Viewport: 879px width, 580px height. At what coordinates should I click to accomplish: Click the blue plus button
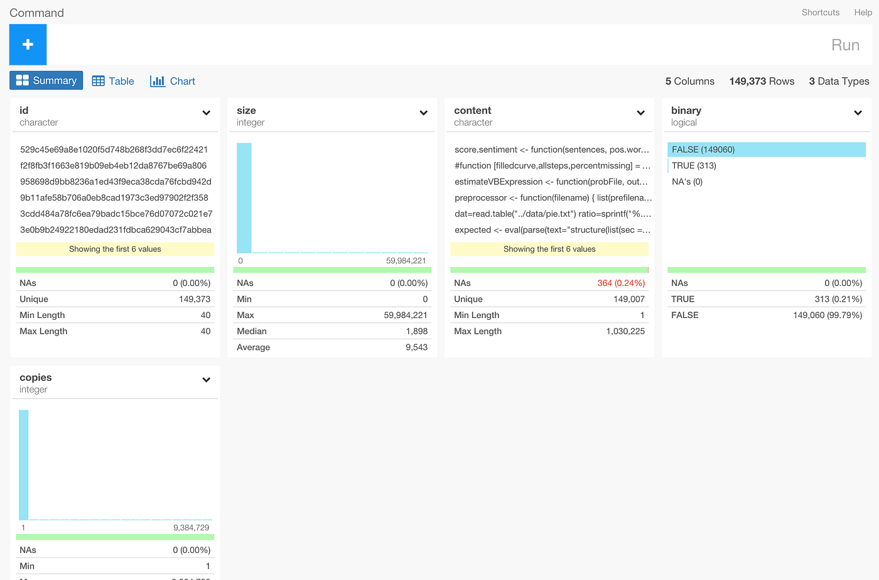(x=28, y=45)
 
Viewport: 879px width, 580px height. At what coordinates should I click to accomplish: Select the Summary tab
(x=46, y=80)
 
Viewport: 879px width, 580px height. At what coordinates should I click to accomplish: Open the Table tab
(x=113, y=81)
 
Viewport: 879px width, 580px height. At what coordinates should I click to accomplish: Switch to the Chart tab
(x=173, y=81)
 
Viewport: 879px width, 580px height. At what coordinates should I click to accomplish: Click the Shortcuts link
(x=820, y=13)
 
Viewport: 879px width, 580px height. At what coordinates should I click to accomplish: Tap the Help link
(x=863, y=13)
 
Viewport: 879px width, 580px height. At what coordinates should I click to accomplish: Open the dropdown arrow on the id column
(x=206, y=113)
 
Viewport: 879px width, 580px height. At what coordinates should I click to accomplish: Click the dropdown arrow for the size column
(x=423, y=113)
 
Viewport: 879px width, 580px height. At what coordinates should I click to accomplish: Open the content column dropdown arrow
(x=640, y=113)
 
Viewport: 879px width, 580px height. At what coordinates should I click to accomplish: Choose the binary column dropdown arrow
(x=858, y=113)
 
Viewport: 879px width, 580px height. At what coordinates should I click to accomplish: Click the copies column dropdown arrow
(x=206, y=380)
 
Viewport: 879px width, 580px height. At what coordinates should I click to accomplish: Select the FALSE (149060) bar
(x=766, y=150)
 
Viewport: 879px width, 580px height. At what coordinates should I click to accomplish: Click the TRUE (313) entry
(x=694, y=166)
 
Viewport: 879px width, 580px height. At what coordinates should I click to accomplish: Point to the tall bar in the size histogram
(x=244, y=198)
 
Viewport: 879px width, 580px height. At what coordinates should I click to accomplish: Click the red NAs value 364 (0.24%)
(x=621, y=283)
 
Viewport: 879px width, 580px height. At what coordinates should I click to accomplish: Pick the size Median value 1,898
(x=416, y=331)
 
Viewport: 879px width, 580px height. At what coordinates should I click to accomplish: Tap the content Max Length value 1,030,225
(x=625, y=331)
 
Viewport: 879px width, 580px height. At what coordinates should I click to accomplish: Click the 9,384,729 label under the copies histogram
(x=191, y=528)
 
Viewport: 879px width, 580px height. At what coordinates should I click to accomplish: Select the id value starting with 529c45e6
(x=114, y=150)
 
